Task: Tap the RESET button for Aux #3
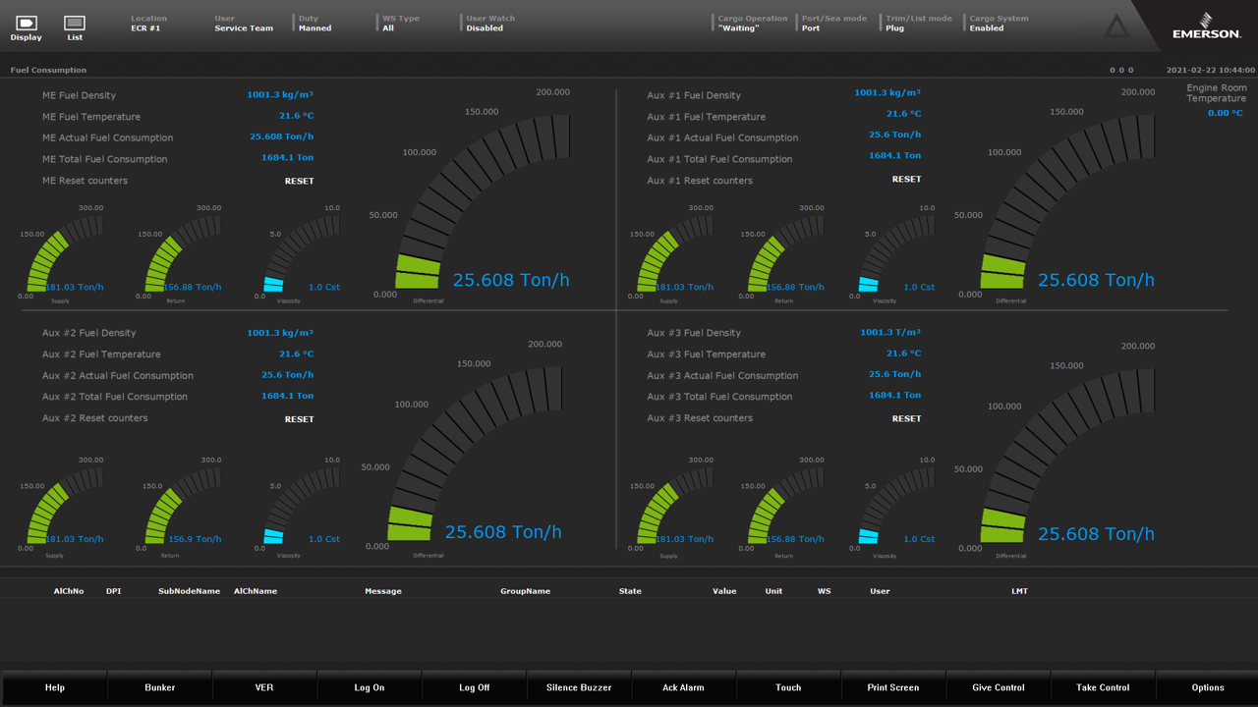point(906,419)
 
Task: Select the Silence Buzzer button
point(579,687)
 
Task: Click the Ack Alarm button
point(683,687)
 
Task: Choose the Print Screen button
point(893,687)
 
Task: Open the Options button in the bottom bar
point(1208,687)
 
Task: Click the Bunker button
point(160,687)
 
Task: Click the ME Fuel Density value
point(280,95)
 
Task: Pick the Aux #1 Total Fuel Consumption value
point(894,156)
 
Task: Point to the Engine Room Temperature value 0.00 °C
point(1225,114)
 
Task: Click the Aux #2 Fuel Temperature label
point(101,354)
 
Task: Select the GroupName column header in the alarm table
point(525,591)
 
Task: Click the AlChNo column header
point(69,591)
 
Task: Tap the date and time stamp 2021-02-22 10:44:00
point(1210,71)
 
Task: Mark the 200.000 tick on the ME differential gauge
point(553,92)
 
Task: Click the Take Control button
point(1103,687)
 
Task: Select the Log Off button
point(474,687)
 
